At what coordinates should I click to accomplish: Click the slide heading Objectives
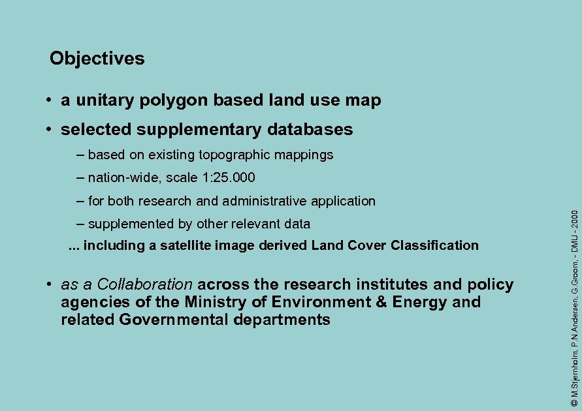[97, 59]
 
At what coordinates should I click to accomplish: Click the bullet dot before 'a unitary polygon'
[49, 101]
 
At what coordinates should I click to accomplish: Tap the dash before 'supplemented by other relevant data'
[80, 224]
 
